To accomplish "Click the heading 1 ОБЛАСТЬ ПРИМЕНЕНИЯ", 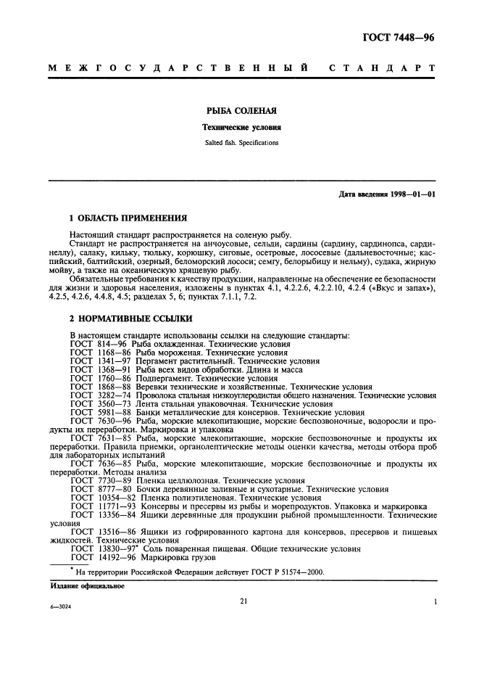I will (x=128, y=218).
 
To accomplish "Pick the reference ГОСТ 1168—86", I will (x=100, y=353).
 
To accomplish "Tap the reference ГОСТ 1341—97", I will (x=100, y=361).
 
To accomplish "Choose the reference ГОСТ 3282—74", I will (x=100, y=395).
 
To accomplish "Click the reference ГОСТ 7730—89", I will (x=100, y=481).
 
